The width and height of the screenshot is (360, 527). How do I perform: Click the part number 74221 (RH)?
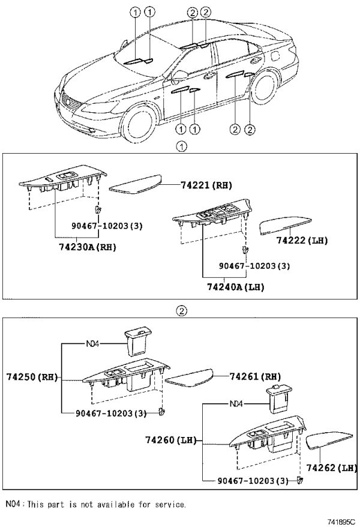point(206,185)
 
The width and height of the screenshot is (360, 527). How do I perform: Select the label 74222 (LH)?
point(302,240)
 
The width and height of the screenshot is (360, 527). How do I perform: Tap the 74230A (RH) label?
point(88,247)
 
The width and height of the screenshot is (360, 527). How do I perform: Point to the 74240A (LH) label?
point(235,288)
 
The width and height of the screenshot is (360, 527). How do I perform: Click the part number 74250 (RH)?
point(32,377)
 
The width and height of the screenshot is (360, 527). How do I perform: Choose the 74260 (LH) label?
point(170,440)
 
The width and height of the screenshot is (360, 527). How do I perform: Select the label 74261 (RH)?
point(255,376)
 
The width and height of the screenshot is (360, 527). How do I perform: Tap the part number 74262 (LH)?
point(331,468)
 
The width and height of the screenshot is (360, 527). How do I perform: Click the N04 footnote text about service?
point(96,504)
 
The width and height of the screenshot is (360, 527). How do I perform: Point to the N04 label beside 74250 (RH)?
point(92,344)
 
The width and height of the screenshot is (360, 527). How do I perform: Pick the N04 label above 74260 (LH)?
point(236,404)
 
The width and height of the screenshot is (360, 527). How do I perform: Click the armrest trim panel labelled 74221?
point(136,184)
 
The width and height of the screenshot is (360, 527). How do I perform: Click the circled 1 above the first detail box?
point(182,147)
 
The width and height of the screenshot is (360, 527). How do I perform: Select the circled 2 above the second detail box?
point(181,311)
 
